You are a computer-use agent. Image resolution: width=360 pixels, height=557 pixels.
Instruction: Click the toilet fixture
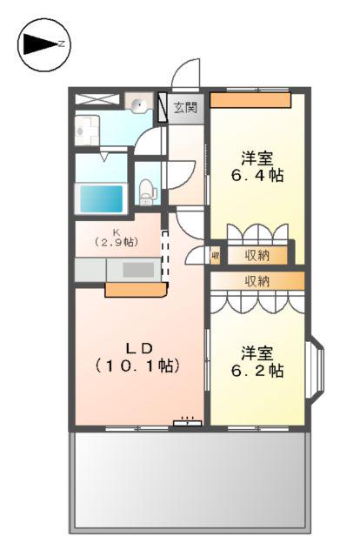click(147, 191)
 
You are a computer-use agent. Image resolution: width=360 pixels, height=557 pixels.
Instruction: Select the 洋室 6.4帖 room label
click(257, 166)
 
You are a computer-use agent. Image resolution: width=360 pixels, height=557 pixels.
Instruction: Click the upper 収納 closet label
click(256, 255)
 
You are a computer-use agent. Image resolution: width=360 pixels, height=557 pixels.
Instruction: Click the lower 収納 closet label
click(256, 281)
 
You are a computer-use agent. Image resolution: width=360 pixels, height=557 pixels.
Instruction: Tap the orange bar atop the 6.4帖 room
click(250, 100)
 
